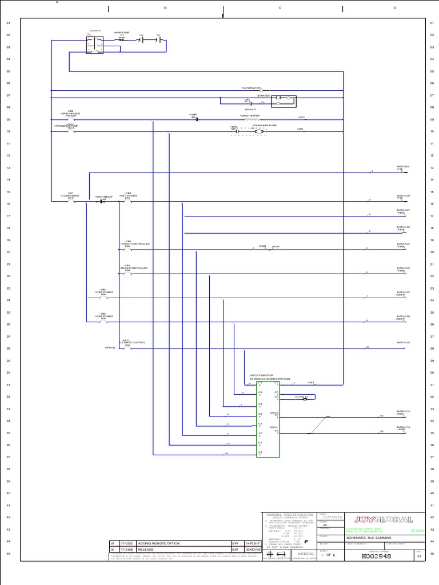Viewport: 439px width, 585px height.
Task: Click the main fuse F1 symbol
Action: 121,41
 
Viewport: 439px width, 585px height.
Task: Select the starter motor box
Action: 284,101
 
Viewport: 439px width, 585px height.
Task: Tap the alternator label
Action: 251,89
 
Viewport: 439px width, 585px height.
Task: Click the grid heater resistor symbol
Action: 252,120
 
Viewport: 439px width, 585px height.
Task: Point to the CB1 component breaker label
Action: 70,195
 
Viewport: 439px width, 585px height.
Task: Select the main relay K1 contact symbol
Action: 103,202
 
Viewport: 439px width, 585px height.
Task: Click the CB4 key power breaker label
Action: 128,195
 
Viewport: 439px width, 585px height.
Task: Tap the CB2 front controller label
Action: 128,243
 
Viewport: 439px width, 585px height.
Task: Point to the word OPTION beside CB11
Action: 110,348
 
